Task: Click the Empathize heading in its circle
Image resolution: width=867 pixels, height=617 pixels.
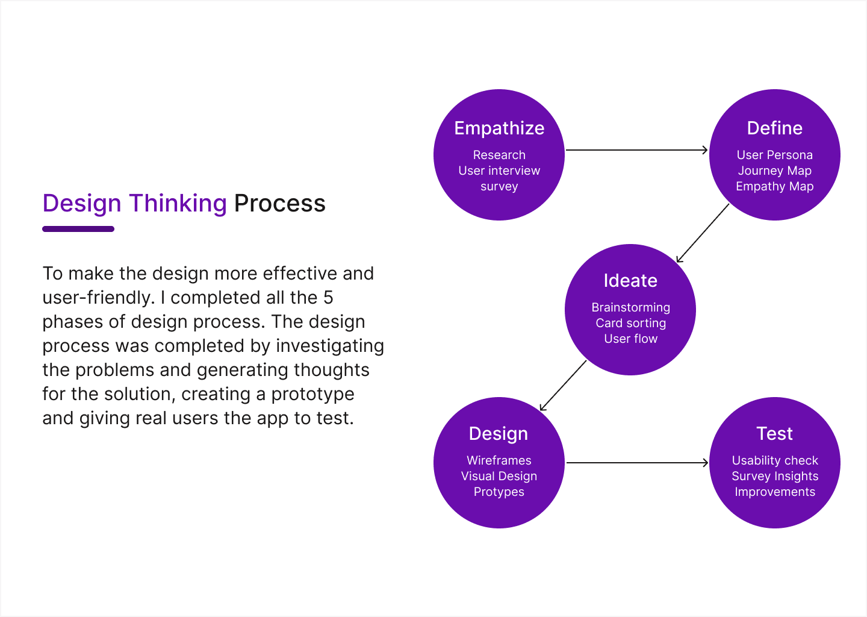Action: coord(499,128)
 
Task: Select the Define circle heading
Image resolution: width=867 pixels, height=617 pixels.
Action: coord(774,128)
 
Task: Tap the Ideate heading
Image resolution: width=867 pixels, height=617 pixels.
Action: coord(630,280)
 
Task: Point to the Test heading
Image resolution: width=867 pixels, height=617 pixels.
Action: coord(774,433)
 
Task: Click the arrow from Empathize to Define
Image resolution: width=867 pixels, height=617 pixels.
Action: coord(637,150)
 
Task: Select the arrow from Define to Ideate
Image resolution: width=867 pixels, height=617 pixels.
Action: coord(703,233)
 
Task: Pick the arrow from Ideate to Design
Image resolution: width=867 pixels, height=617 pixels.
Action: coord(563,386)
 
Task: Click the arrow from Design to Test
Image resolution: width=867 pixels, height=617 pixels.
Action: coord(637,463)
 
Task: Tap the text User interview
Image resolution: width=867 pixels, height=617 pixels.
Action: coord(499,171)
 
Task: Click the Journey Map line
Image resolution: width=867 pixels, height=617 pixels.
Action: coord(774,171)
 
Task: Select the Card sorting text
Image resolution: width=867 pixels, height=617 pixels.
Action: coord(630,324)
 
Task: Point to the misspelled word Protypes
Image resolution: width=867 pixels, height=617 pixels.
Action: coord(499,492)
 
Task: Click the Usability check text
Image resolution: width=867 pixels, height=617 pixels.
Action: coord(775,460)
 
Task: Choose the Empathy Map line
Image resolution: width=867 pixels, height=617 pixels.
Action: coord(774,187)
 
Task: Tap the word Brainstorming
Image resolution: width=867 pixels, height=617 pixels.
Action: coord(630,307)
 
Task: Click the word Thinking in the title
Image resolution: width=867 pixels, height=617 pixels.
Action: coord(178,204)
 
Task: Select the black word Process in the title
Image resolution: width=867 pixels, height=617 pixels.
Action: coord(280,203)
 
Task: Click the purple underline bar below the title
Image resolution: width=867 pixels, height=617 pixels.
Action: coord(78,229)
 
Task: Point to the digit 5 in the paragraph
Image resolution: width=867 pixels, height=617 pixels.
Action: coord(328,298)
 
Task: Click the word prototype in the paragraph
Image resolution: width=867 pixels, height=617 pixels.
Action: coord(312,395)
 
